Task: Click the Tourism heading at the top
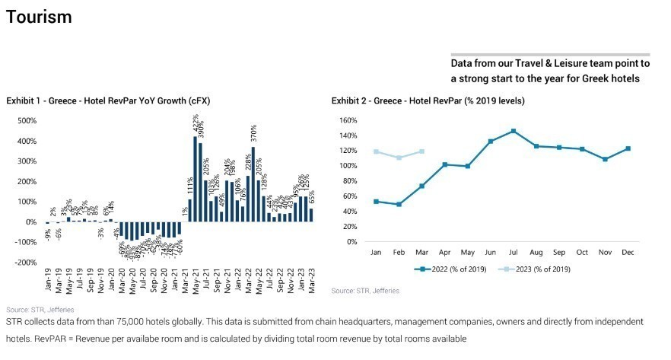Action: click(x=39, y=17)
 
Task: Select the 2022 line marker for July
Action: click(x=514, y=131)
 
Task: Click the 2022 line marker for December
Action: click(x=628, y=148)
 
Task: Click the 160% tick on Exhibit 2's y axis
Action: click(x=346, y=120)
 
